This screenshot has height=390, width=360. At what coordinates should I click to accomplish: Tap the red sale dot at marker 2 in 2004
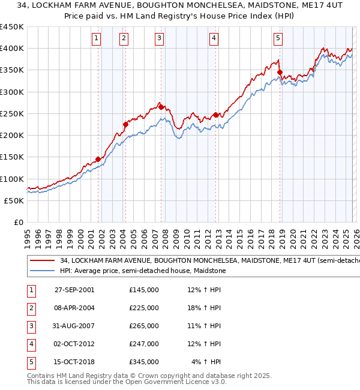(x=125, y=125)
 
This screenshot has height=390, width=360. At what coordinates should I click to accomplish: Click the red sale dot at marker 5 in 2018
(x=280, y=73)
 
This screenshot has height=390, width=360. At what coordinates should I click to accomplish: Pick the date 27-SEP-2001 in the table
(x=74, y=290)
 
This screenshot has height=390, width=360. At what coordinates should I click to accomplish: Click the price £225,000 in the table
(x=143, y=308)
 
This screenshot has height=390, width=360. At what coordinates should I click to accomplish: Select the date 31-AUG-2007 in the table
(x=74, y=326)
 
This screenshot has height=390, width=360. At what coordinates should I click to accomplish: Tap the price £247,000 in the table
(x=143, y=344)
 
